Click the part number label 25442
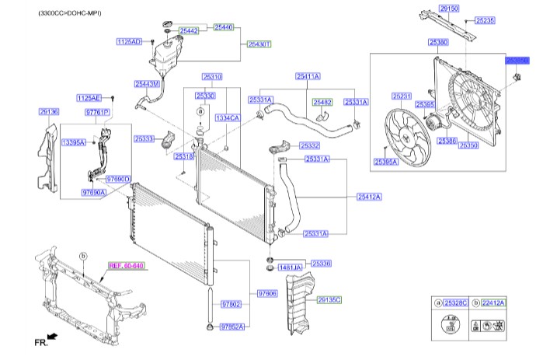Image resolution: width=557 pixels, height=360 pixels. (189, 30)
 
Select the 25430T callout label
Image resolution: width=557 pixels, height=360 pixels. (259, 44)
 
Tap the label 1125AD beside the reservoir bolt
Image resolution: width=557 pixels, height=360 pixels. (129, 40)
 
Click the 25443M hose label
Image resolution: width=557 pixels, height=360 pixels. (146, 83)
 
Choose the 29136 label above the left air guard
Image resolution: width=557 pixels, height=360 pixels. (49, 112)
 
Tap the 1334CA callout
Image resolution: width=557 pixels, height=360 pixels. (228, 117)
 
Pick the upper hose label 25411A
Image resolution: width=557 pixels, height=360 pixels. (308, 76)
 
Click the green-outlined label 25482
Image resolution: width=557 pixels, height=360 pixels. (322, 101)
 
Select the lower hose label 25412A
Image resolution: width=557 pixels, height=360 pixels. (370, 197)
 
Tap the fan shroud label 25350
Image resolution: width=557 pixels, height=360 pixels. (468, 145)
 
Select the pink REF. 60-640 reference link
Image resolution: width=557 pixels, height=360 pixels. (127, 265)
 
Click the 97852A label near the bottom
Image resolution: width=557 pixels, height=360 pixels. (232, 327)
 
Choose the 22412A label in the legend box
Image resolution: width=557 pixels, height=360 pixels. (492, 302)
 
